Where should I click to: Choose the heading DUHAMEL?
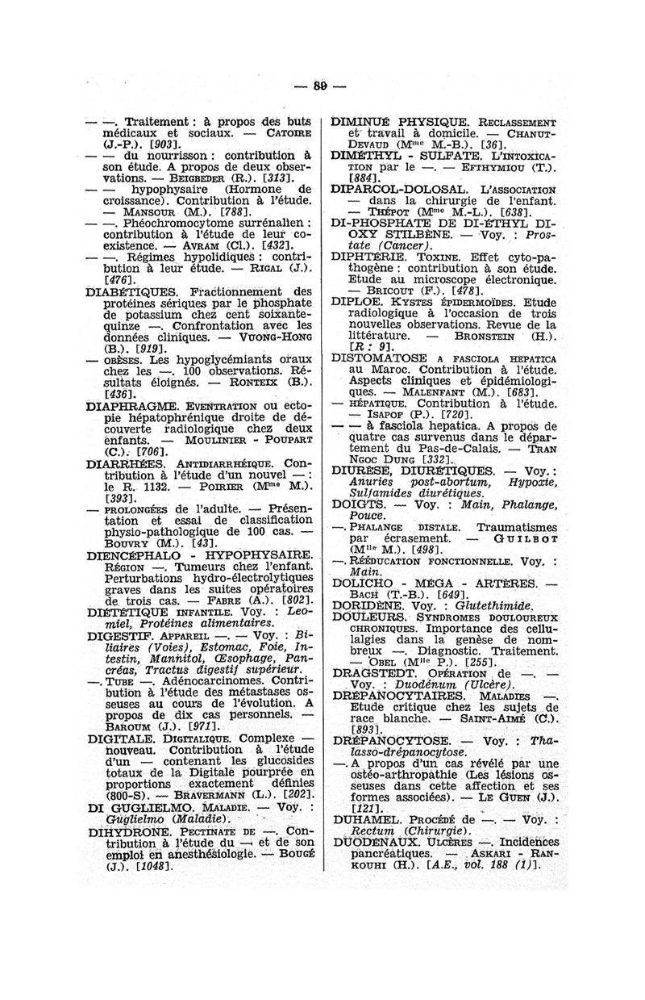pyautogui.click(x=366, y=817)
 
